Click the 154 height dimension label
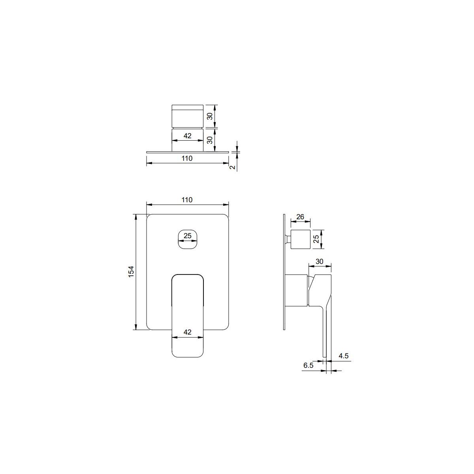pyautogui.click(x=132, y=271)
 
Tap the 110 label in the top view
pyautogui.click(x=187, y=158)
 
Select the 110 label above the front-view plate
pyautogui.click(x=187, y=200)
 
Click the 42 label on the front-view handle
pyautogui.click(x=188, y=332)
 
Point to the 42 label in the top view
pyautogui.click(x=188, y=136)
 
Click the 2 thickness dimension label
pyautogui.click(x=232, y=167)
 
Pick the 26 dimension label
pyautogui.click(x=300, y=217)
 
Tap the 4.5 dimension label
pyautogui.click(x=344, y=356)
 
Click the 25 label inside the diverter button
pyautogui.click(x=188, y=236)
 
